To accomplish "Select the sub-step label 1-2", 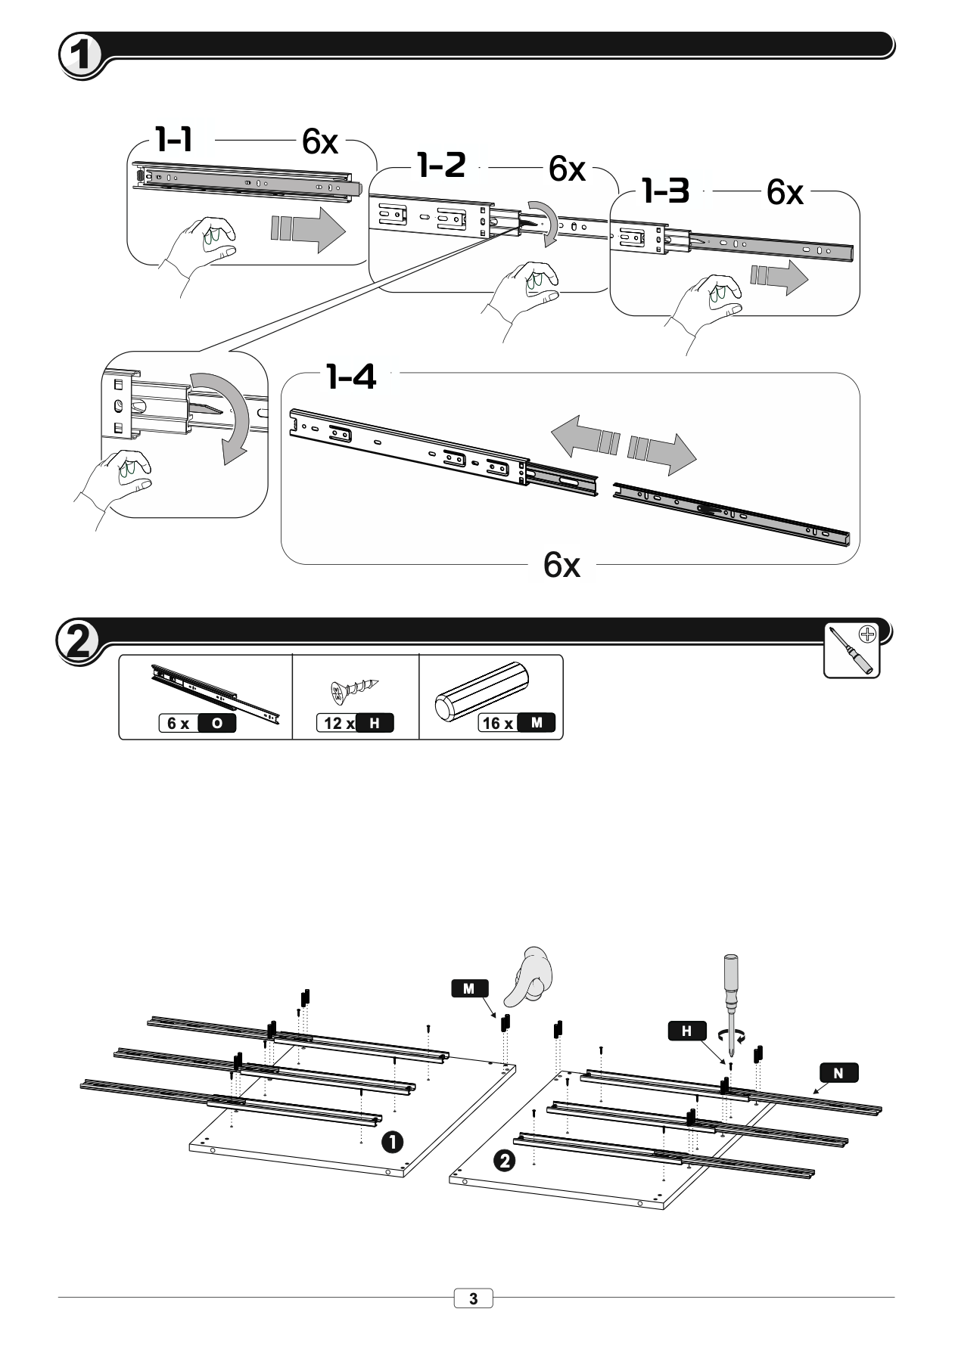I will pyautogui.click(x=442, y=165).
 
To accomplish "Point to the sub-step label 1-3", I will pyautogui.click(x=666, y=191).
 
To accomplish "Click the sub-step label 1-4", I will pyautogui.click(x=351, y=376).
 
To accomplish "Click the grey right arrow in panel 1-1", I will pyautogui.click(x=308, y=228).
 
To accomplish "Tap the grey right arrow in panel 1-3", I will pyautogui.click(x=779, y=278).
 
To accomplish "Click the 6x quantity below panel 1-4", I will pyautogui.click(x=561, y=565).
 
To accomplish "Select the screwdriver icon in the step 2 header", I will pyautogui.click(x=851, y=650).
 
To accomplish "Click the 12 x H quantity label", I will pyautogui.click(x=355, y=723).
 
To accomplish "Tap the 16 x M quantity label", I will pyautogui.click(x=518, y=723).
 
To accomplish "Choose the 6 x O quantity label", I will pyautogui.click(x=198, y=723).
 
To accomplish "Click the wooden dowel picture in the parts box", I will pyautogui.click(x=485, y=690).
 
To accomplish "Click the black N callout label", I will pyautogui.click(x=838, y=1072).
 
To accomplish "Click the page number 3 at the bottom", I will pyautogui.click(x=474, y=1299).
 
